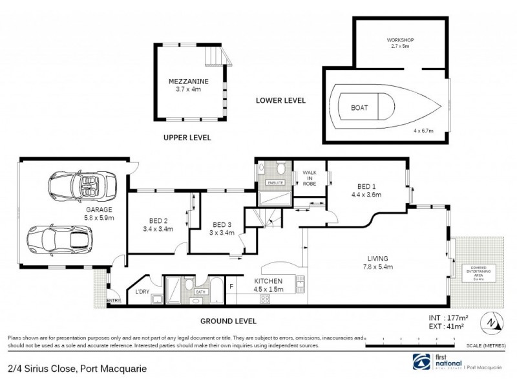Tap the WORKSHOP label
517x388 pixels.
point(401,40)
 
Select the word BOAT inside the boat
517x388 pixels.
point(360,107)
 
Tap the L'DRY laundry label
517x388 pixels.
point(142,292)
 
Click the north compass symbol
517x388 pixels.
point(493,322)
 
